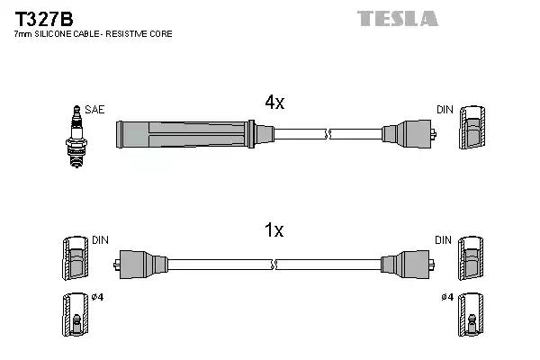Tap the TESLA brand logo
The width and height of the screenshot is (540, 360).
tap(396, 18)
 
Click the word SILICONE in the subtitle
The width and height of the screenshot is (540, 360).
tap(53, 34)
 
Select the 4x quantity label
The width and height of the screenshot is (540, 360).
tap(274, 103)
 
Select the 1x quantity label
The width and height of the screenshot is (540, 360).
tap(274, 230)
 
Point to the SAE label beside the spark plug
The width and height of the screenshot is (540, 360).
tap(95, 110)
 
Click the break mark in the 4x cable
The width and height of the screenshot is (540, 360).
tap(328, 135)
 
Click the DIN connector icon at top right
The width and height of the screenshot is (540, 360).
tap(473, 130)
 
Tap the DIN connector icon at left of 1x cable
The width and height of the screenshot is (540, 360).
tap(75, 260)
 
